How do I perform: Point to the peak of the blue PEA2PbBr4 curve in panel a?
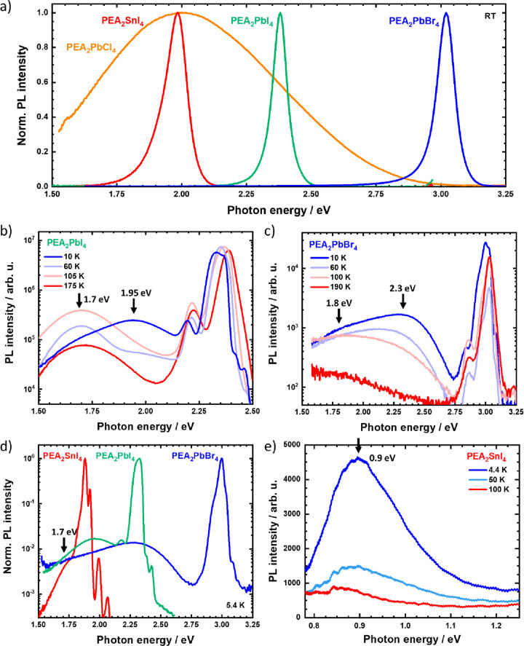[x=446, y=13]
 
